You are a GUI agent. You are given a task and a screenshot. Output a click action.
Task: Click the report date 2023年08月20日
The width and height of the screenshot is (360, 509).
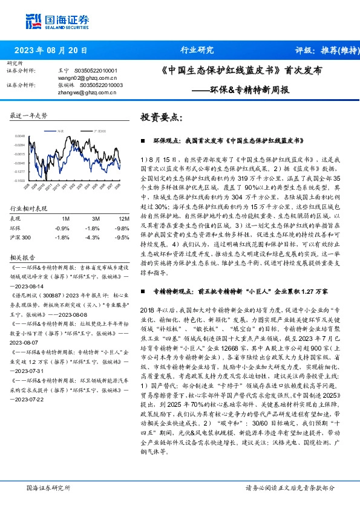pyautogui.click(x=50, y=51)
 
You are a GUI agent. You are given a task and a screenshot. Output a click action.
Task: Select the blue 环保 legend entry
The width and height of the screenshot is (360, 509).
pyautogui.click(x=59, y=131)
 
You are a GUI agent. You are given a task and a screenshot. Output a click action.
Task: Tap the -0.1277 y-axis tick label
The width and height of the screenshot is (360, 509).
pyautogui.click(x=20, y=172)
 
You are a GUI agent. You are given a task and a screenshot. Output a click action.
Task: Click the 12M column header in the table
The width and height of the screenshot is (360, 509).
pyautogui.click(x=123, y=218)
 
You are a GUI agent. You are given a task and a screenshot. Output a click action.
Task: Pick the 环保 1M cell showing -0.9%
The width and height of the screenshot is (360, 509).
pyautogui.click(x=62, y=228)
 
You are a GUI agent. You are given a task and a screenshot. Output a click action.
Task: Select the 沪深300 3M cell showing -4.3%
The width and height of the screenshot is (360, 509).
pyautogui.click(x=93, y=238)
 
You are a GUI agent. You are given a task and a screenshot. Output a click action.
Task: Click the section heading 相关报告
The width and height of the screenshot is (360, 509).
pyautogui.click(x=22, y=256)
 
